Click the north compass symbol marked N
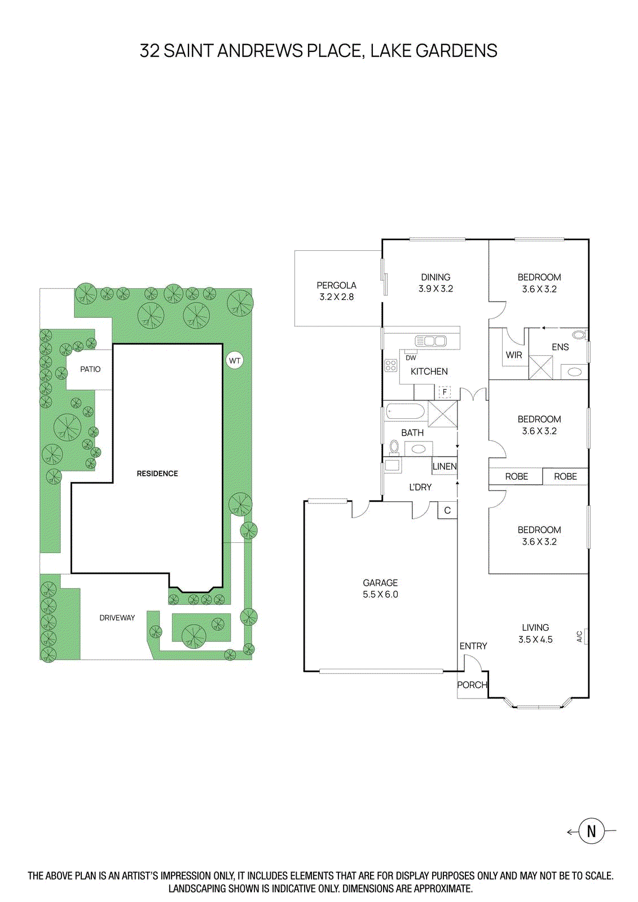coord(591,831)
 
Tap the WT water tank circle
coord(235,361)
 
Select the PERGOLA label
coord(336,285)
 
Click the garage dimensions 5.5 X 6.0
coord(380,594)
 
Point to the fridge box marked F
coord(445,392)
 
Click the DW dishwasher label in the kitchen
coord(411,358)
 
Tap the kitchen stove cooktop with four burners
coord(391,365)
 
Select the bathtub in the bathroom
coord(405,412)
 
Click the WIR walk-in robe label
coord(514,355)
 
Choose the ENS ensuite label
coord(560,347)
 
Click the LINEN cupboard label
coord(445,466)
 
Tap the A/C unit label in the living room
coord(579,636)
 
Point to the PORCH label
coord(472,685)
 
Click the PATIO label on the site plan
coord(90,369)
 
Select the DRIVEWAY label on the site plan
coord(117,618)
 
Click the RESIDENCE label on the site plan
coord(157,474)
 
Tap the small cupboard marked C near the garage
coord(447,511)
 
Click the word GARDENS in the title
coord(456,51)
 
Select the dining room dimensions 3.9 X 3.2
coord(435,289)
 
